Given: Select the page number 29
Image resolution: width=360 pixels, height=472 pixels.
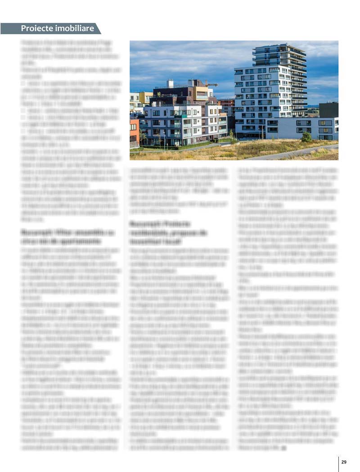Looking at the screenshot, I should (344, 462).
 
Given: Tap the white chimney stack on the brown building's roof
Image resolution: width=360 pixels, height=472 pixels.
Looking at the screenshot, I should (170, 83).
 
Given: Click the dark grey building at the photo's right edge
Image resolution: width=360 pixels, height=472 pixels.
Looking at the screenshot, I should (328, 109).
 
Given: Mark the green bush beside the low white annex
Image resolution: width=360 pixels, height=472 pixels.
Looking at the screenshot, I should (307, 137).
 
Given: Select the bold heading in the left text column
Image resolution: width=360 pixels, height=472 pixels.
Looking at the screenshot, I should (67, 236).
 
